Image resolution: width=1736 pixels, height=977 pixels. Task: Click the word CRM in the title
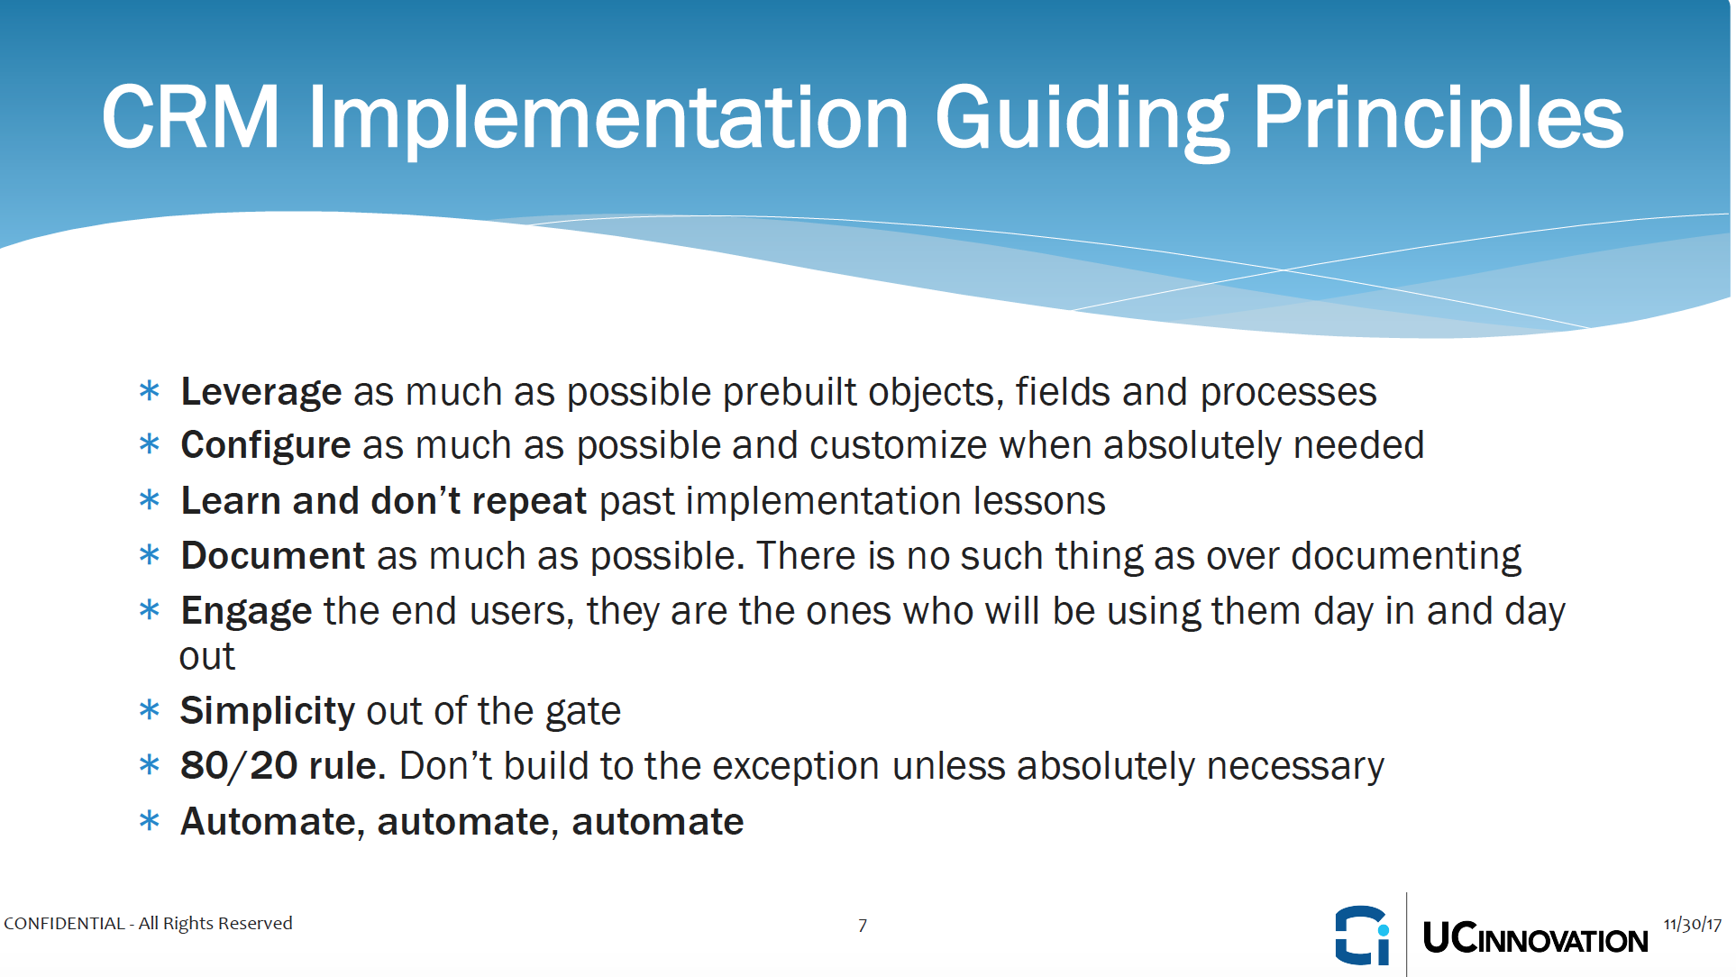(x=190, y=117)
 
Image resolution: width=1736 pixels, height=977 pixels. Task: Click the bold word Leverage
(x=261, y=393)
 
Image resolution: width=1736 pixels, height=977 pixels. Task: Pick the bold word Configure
(x=266, y=446)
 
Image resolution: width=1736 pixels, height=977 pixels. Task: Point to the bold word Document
(x=273, y=555)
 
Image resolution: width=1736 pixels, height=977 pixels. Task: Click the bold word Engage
(x=247, y=612)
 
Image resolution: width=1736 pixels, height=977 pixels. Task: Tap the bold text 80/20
(x=239, y=766)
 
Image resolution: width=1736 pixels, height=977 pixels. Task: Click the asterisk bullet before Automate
(x=150, y=821)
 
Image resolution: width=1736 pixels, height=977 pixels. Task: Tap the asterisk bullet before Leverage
(x=150, y=391)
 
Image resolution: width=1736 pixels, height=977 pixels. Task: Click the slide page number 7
(x=863, y=926)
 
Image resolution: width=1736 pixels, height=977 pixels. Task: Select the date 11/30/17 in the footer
(x=1693, y=925)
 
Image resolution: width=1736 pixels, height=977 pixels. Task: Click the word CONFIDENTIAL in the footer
(x=65, y=924)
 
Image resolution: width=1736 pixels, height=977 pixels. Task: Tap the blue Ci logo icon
(x=1363, y=936)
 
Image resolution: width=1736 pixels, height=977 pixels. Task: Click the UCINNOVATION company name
(x=1536, y=938)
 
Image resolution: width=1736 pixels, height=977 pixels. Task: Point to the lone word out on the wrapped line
(x=207, y=657)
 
